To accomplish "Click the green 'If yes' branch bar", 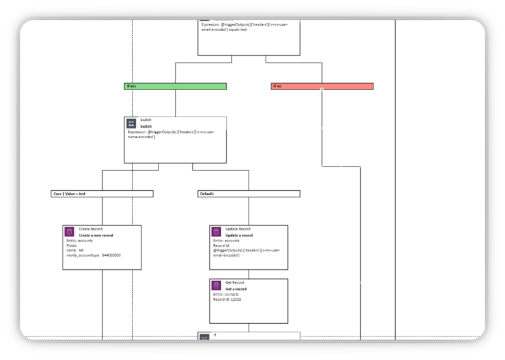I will (x=175, y=86).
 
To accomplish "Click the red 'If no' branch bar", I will (x=322, y=86).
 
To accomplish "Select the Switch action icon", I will (x=131, y=123).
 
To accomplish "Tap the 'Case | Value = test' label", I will (x=102, y=193).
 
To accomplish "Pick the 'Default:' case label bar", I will (x=249, y=193).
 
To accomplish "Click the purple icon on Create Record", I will (x=69, y=232).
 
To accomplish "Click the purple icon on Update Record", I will (x=216, y=232).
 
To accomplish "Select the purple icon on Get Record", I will (x=216, y=285).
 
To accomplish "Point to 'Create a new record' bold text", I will (x=96, y=235).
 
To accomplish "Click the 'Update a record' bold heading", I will (x=239, y=235).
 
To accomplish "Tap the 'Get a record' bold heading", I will (x=236, y=289).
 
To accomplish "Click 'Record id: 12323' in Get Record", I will (x=227, y=299).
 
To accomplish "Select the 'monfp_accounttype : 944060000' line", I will (x=93, y=255).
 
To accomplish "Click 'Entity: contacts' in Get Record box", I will (x=226, y=294).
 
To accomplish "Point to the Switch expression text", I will (x=171, y=134).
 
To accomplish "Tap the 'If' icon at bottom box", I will (x=204, y=337).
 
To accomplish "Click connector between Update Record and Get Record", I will (x=249, y=274).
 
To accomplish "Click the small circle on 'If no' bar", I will (x=322, y=89).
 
